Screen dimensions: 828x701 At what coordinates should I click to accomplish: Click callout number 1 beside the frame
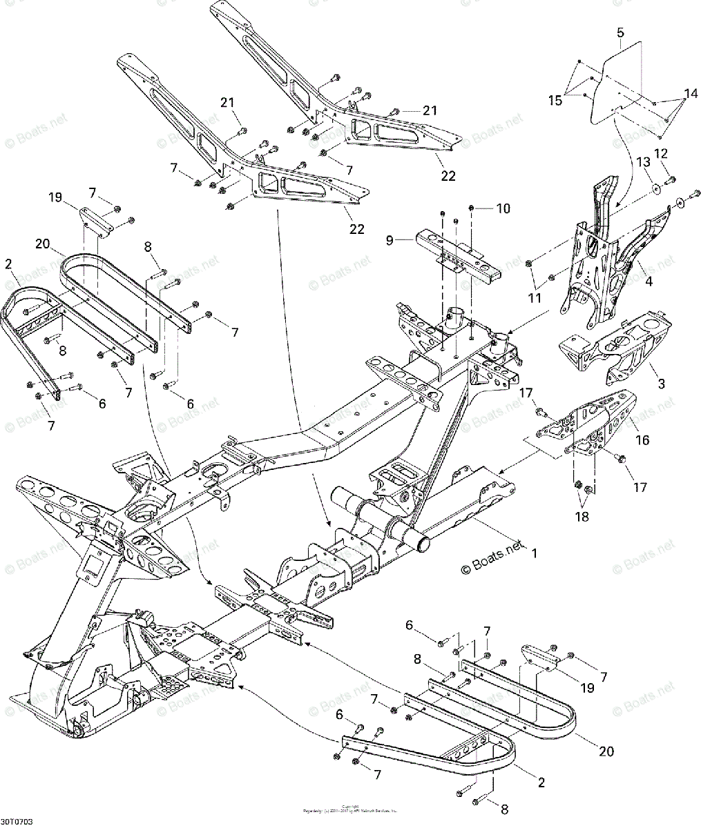[x=532, y=553]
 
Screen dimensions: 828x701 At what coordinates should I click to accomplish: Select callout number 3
[x=661, y=384]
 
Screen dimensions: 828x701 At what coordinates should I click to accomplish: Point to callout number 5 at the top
[x=620, y=33]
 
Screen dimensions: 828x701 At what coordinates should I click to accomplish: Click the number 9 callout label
[x=390, y=241]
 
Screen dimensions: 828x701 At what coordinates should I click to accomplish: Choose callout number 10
[x=503, y=208]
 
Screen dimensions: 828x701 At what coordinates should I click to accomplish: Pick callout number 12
[x=661, y=152]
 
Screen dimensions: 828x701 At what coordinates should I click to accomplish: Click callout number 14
[x=691, y=93]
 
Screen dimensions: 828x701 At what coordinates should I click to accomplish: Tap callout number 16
[x=642, y=440]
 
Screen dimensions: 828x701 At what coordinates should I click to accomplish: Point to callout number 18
[x=582, y=517]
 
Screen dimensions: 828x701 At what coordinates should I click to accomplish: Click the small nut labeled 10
[x=471, y=207]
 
